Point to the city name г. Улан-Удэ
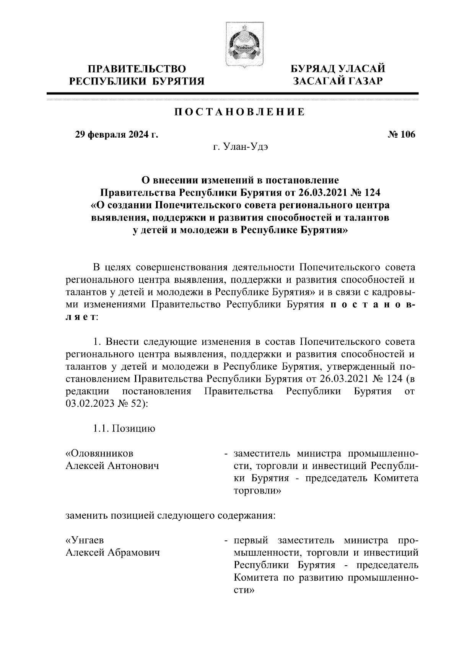click(240, 147)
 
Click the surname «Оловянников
click(100, 454)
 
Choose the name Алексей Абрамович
click(113, 553)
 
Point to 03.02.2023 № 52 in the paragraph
click(106, 404)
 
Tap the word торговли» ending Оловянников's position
click(257, 491)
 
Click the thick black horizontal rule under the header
click(232, 93)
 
